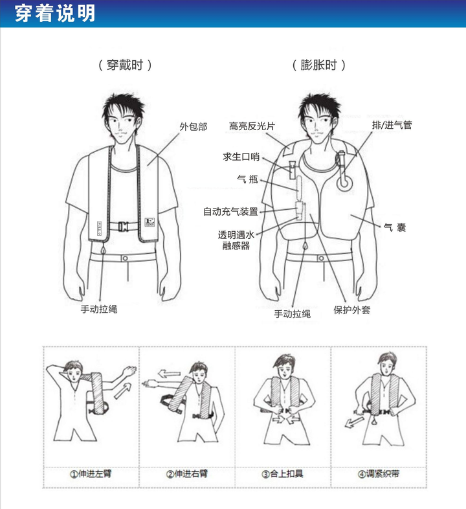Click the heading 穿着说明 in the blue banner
tap(54, 14)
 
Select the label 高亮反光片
tap(252, 126)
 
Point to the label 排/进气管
tap(392, 125)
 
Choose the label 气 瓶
tap(248, 179)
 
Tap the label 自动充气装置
tap(230, 211)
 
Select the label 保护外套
tap(351, 310)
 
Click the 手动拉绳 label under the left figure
tap(99, 309)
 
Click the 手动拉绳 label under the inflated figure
tap(293, 313)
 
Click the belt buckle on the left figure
tap(122, 227)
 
